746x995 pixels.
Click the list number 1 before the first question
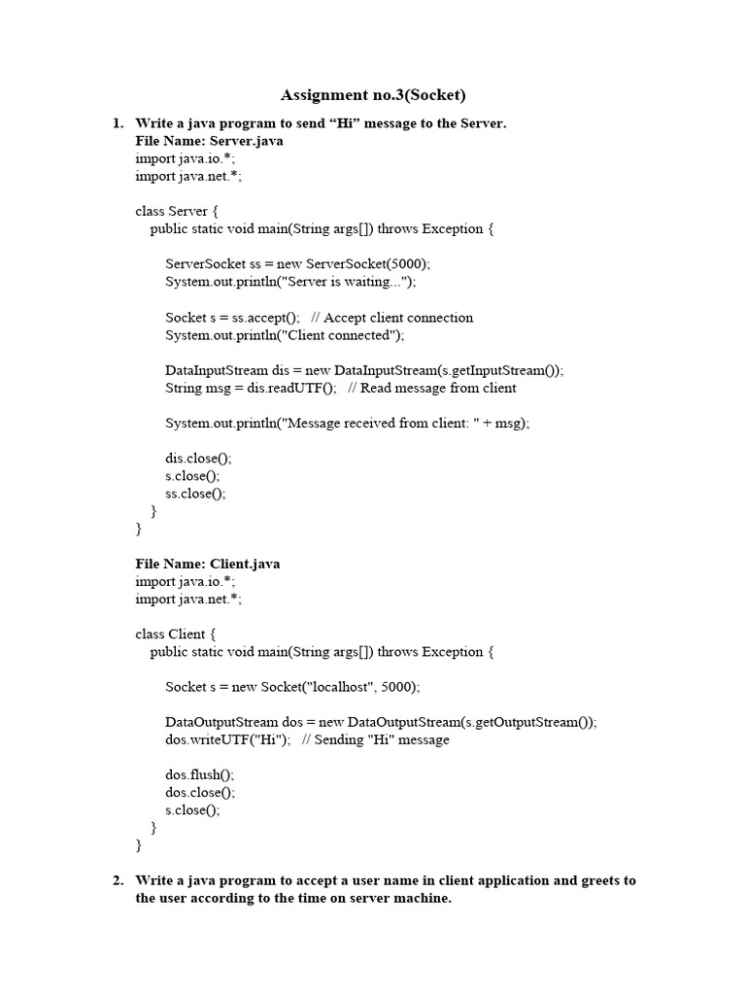point(118,123)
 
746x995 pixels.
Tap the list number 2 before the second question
point(118,880)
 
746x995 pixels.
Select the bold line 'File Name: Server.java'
point(209,141)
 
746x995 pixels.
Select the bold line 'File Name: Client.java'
point(208,564)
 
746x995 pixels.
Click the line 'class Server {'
point(180,211)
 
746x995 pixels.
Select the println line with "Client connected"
point(285,334)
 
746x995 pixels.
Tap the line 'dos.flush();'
point(200,774)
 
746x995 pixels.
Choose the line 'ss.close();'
point(195,493)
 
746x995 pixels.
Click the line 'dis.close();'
point(199,458)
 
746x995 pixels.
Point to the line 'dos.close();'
point(200,792)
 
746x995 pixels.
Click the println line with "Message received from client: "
point(348,423)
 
